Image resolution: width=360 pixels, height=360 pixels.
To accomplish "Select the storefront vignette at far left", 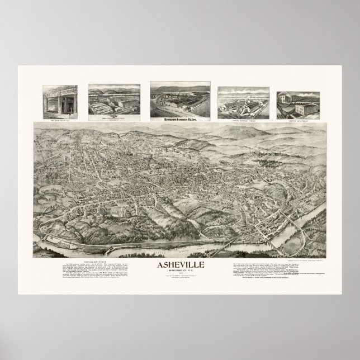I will point(60,99).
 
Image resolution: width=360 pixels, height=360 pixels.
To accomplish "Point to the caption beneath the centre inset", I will point(179,117).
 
